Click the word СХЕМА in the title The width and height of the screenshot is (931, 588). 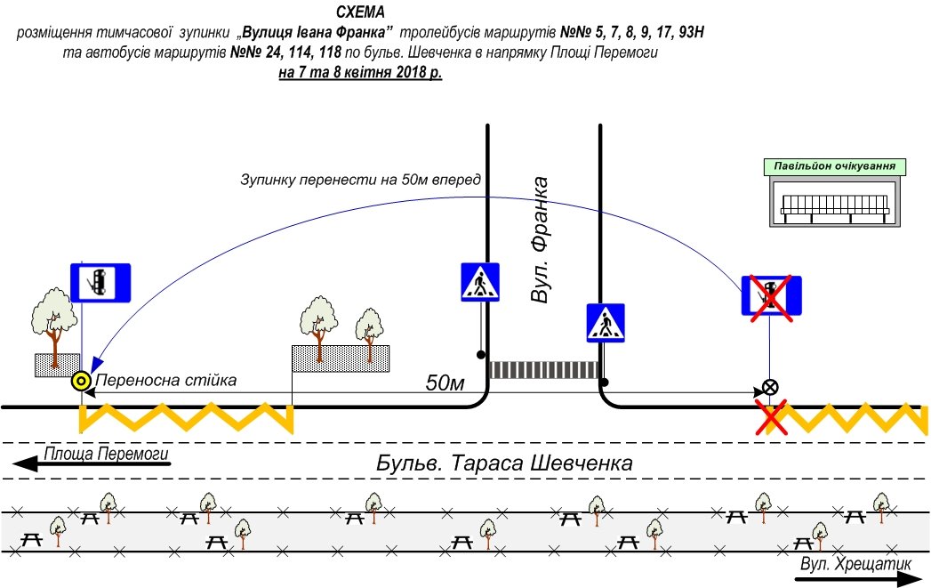tap(361, 13)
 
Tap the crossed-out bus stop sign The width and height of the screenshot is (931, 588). tap(772, 296)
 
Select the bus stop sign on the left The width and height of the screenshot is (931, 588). tap(100, 281)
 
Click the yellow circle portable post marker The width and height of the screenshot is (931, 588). tap(81, 382)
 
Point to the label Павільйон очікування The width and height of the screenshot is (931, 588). tap(834, 166)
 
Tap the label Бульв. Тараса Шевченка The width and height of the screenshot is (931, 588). tap(504, 463)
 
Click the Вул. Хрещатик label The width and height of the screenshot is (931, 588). tap(856, 564)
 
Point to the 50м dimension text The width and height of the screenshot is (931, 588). tap(445, 383)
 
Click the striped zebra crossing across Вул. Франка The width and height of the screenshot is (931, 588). tap(544, 369)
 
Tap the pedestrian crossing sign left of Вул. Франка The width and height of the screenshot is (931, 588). tap(482, 282)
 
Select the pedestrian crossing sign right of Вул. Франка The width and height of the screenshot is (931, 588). tap(606, 323)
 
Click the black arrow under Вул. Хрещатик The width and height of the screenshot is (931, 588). tap(858, 578)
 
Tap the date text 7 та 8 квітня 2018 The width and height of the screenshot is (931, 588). tap(360, 74)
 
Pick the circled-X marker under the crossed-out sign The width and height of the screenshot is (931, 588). tap(770, 388)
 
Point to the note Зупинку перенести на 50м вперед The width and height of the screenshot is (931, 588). tap(360, 180)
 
